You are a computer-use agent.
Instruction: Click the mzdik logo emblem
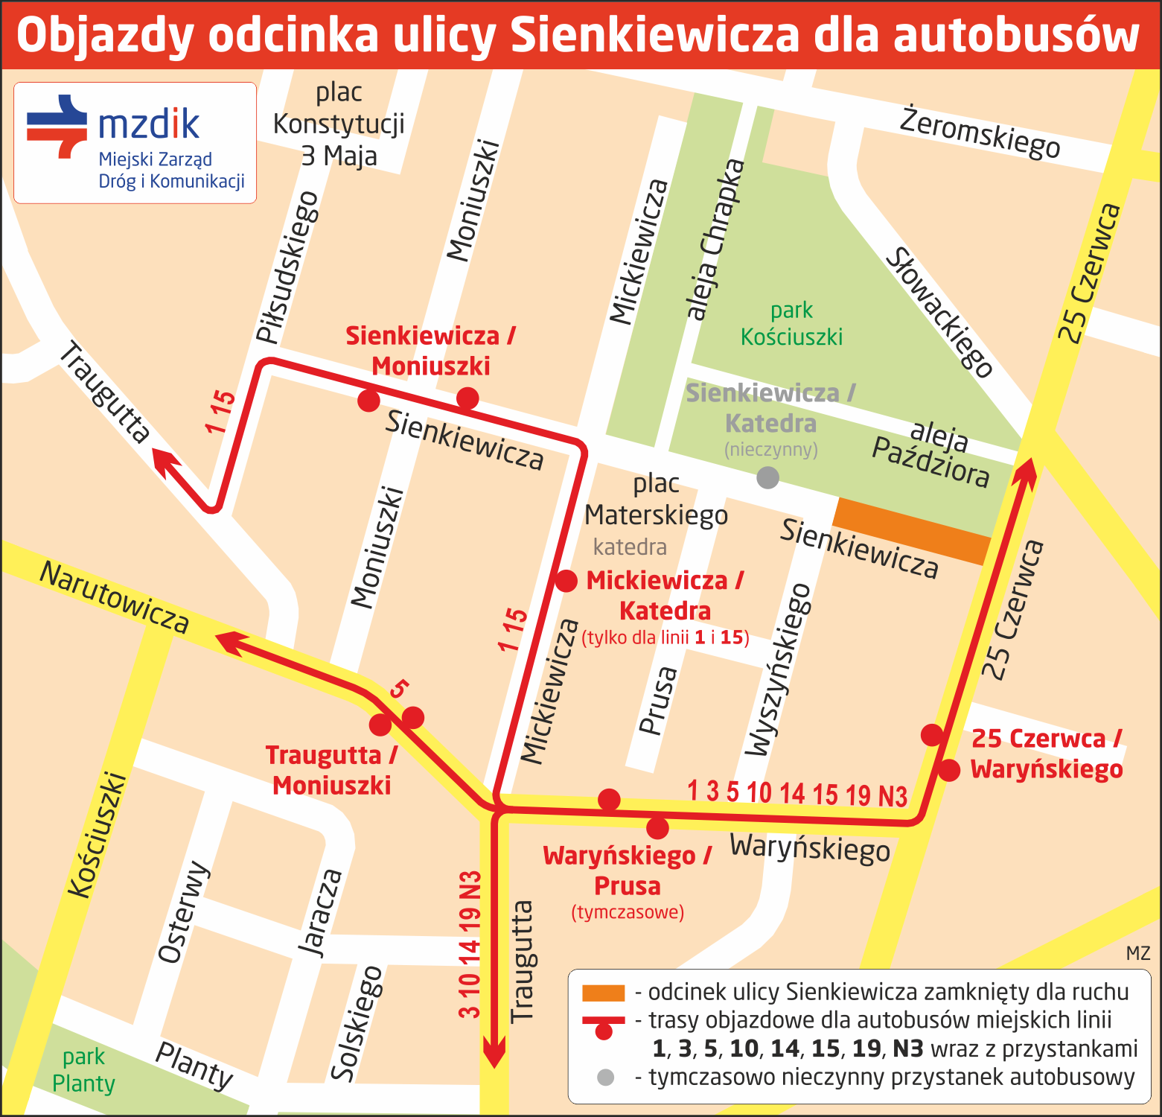point(57,126)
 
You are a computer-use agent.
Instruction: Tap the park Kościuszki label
point(791,324)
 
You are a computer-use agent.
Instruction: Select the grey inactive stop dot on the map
point(767,477)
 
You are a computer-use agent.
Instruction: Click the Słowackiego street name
point(939,314)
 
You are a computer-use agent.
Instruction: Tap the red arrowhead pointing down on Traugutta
point(494,1054)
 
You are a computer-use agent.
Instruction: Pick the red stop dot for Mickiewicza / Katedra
point(566,581)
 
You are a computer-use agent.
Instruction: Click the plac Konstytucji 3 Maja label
point(339,124)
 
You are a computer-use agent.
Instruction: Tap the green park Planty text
point(83,1070)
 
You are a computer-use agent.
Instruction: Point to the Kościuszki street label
point(98,835)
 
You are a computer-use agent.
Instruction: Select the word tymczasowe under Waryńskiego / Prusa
point(628,912)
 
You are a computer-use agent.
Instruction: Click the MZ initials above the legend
point(1137,953)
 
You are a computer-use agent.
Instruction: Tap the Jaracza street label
point(321,912)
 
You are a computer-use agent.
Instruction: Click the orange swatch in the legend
point(603,993)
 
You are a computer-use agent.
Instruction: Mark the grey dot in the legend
point(605,1078)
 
